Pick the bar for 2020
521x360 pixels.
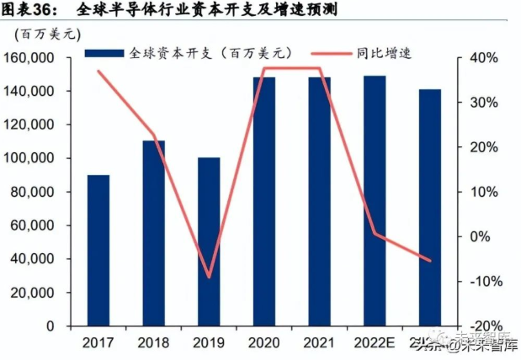tap(263, 201)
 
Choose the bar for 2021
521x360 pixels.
tap(319, 201)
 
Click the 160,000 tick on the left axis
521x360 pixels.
tap(41, 58)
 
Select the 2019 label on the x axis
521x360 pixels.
tap(209, 342)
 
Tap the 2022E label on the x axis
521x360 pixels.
tap(375, 342)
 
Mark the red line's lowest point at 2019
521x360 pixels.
tap(209, 277)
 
